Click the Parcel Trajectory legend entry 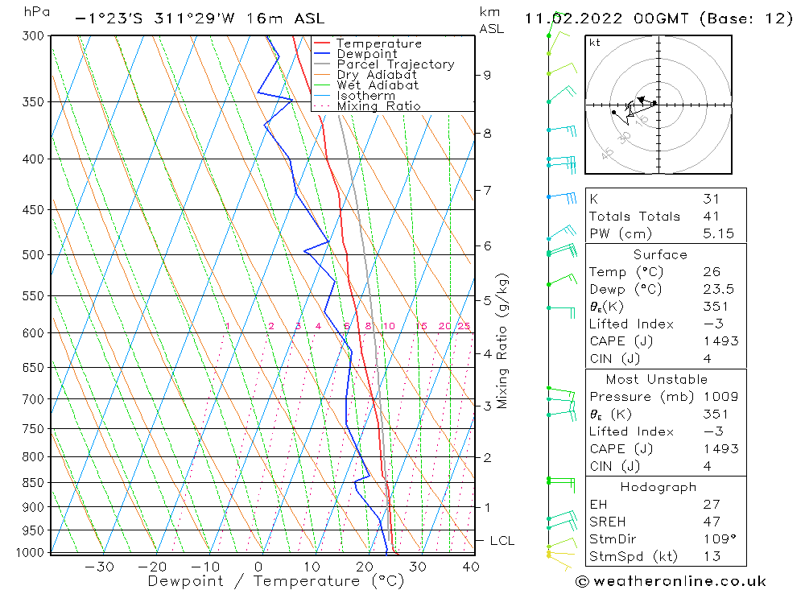pos(395,64)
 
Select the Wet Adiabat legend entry pos(378,85)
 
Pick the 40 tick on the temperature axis pos(471,567)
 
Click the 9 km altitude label pos(487,75)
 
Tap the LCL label pos(502,541)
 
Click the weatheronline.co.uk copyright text pos(671,581)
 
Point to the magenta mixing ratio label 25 pos(464,326)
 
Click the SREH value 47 pos(709,522)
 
